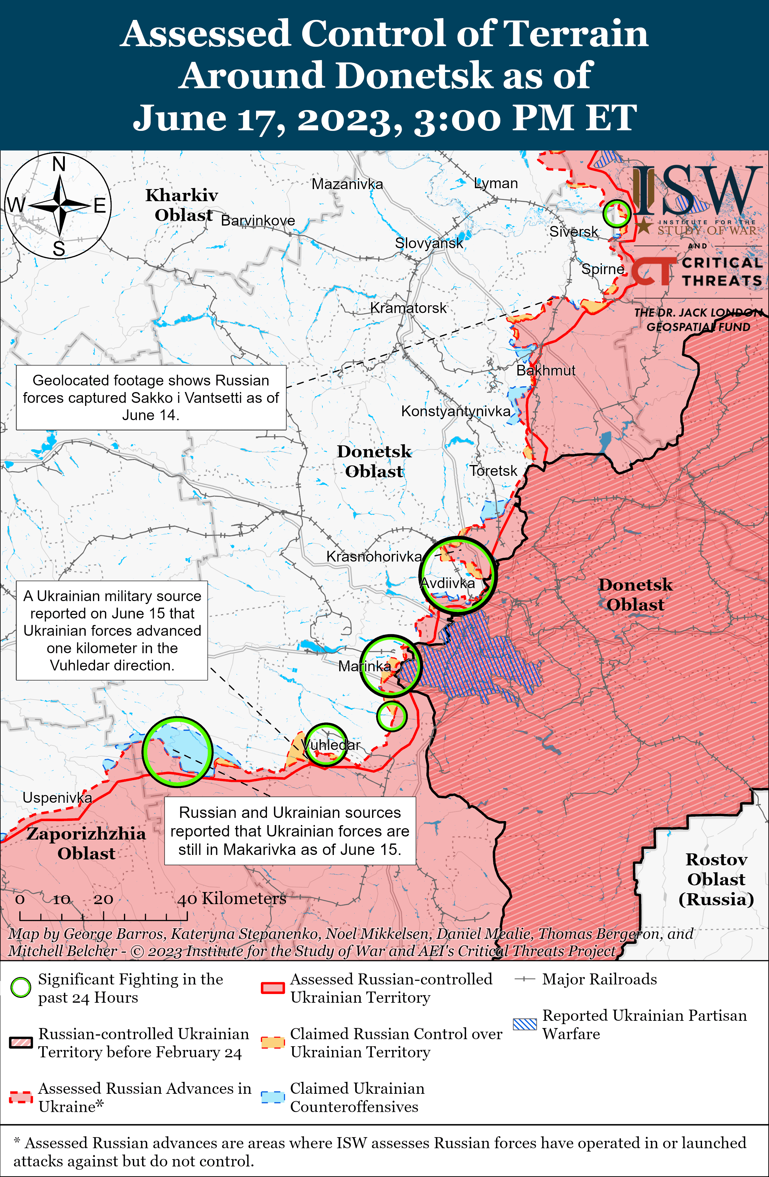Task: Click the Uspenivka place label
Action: tap(57, 798)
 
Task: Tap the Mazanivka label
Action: tap(347, 184)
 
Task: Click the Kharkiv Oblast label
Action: tap(182, 205)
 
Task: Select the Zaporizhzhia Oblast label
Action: tap(86, 843)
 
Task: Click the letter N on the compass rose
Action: tap(59, 164)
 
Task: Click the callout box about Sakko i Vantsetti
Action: tap(151, 397)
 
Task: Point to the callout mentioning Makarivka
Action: tap(290, 831)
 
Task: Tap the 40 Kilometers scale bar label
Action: tap(231, 899)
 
